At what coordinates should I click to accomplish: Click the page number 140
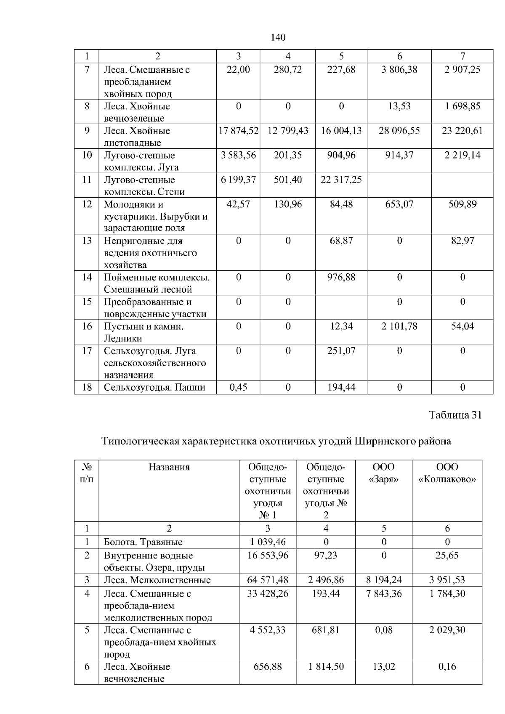278,37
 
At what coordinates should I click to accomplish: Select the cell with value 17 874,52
238,131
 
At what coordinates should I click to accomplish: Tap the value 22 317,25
341,180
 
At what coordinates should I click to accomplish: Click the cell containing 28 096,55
399,131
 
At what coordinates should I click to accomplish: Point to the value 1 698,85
462,106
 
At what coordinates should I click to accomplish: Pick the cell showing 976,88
341,278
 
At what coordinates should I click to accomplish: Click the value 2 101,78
399,326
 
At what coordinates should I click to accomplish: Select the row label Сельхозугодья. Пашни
154,387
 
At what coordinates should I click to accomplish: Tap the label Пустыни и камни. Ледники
144,332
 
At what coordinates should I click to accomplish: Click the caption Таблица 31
455,415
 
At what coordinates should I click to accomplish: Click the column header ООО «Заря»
383,473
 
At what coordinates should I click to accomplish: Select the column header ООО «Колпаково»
447,473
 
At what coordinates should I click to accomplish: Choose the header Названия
169,467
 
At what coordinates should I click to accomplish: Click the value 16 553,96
268,555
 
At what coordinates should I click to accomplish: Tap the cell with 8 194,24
383,580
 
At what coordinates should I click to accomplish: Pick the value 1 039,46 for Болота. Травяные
268,542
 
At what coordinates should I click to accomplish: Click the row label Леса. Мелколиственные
157,580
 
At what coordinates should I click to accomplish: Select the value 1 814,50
326,666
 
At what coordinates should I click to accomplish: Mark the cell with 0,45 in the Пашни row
238,387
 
